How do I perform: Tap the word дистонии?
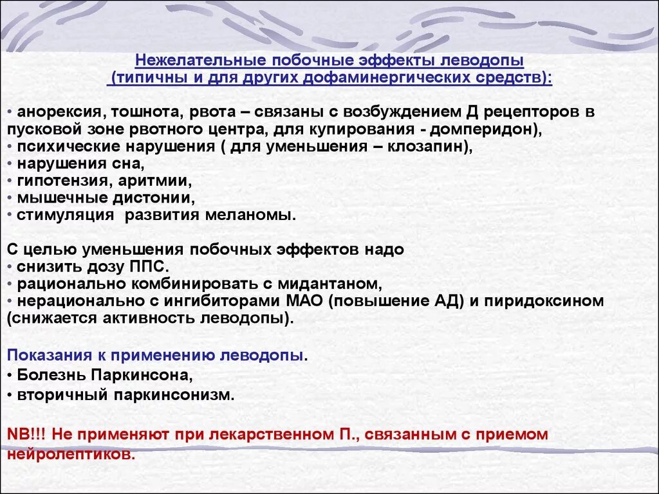pyautogui.click(x=150, y=198)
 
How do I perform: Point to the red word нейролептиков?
pyautogui.click(x=71, y=454)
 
